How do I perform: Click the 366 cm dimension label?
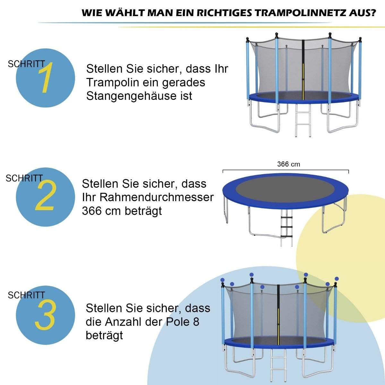pyautogui.click(x=288, y=164)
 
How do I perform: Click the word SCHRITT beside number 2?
pyautogui.click(x=24, y=178)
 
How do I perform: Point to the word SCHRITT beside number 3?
pyautogui.click(x=26, y=295)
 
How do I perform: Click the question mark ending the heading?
pyautogui.click(x=373, y=13)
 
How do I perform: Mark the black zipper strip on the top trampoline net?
pyautogui.click(x=303, y=67)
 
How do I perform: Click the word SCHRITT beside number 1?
pyautogui.click(x=26, y=64)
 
